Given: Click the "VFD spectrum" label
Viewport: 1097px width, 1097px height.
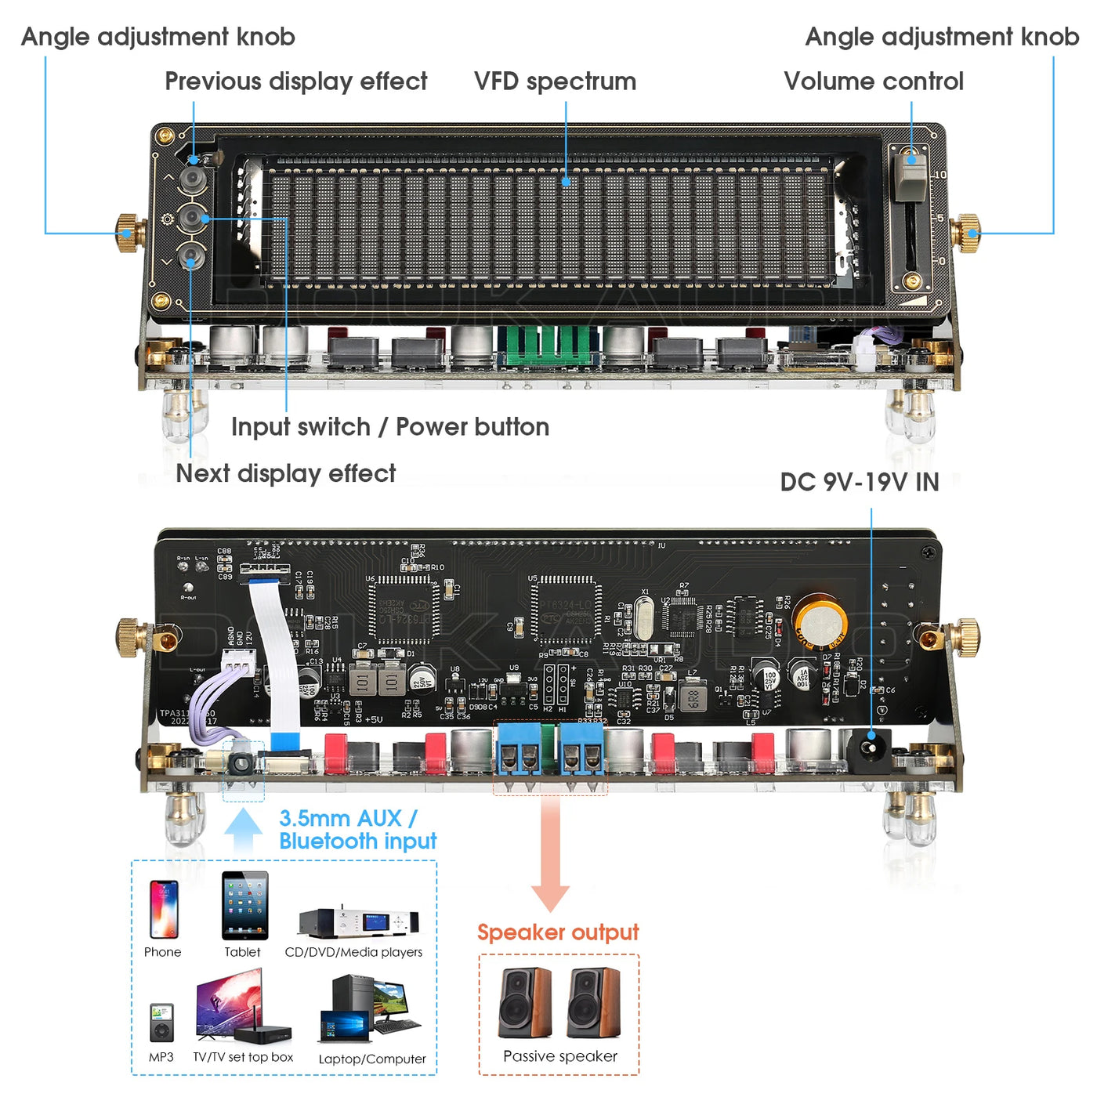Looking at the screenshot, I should point(555,81).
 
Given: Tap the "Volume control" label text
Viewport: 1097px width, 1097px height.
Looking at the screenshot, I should point(873,81).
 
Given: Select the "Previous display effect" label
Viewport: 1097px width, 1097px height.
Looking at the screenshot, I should point(295,81).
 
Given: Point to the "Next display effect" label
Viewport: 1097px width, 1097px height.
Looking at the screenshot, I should point(285,473).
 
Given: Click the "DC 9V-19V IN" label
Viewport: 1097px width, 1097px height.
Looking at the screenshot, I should point(859,482).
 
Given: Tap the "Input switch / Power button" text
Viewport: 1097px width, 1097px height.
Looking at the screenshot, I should point(389,427).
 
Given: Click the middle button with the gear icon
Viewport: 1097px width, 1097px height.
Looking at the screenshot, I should point(192,218).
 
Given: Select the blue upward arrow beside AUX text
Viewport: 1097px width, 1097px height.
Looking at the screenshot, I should point(243,830).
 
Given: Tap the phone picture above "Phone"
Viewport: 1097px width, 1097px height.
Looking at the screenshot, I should point(163,909).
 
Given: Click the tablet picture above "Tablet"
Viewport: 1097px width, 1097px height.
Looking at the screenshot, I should point(244,906).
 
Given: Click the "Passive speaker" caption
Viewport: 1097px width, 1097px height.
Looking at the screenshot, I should point(559,1056).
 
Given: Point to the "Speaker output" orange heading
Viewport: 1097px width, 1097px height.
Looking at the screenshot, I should point(558,932).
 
